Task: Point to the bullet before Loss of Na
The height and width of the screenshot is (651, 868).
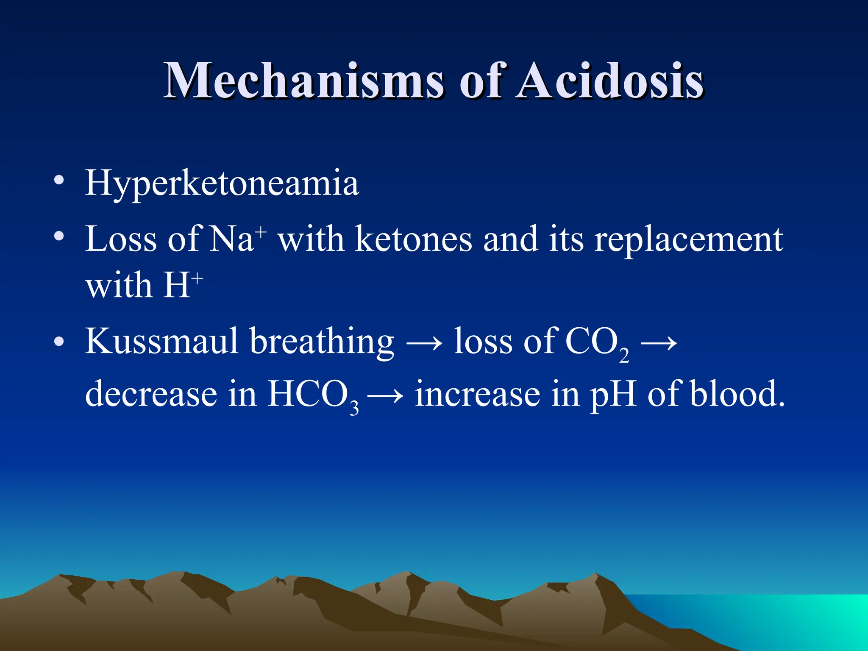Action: pos(59,236)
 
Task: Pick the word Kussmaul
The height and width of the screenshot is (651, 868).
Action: pos(161,341)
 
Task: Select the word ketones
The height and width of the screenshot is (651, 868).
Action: pos(413,239)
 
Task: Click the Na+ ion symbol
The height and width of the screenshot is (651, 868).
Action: pos(238,238)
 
